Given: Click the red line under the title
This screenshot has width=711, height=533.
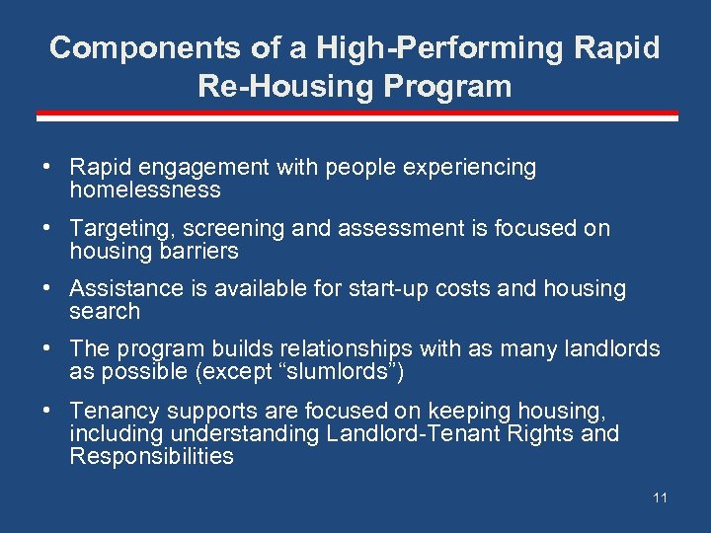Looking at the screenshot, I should click(x=356, y=116).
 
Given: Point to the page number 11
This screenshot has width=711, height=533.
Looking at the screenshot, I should click(x=660, y=497).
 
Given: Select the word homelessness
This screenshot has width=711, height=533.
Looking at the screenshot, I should click(x=145, y=190).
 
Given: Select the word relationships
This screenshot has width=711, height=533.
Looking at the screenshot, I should click(x=347, y=349).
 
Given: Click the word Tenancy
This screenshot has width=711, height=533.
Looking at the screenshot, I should click(x=111, y=411).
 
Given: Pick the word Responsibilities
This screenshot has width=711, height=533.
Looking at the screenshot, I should click(x=151, y=456).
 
